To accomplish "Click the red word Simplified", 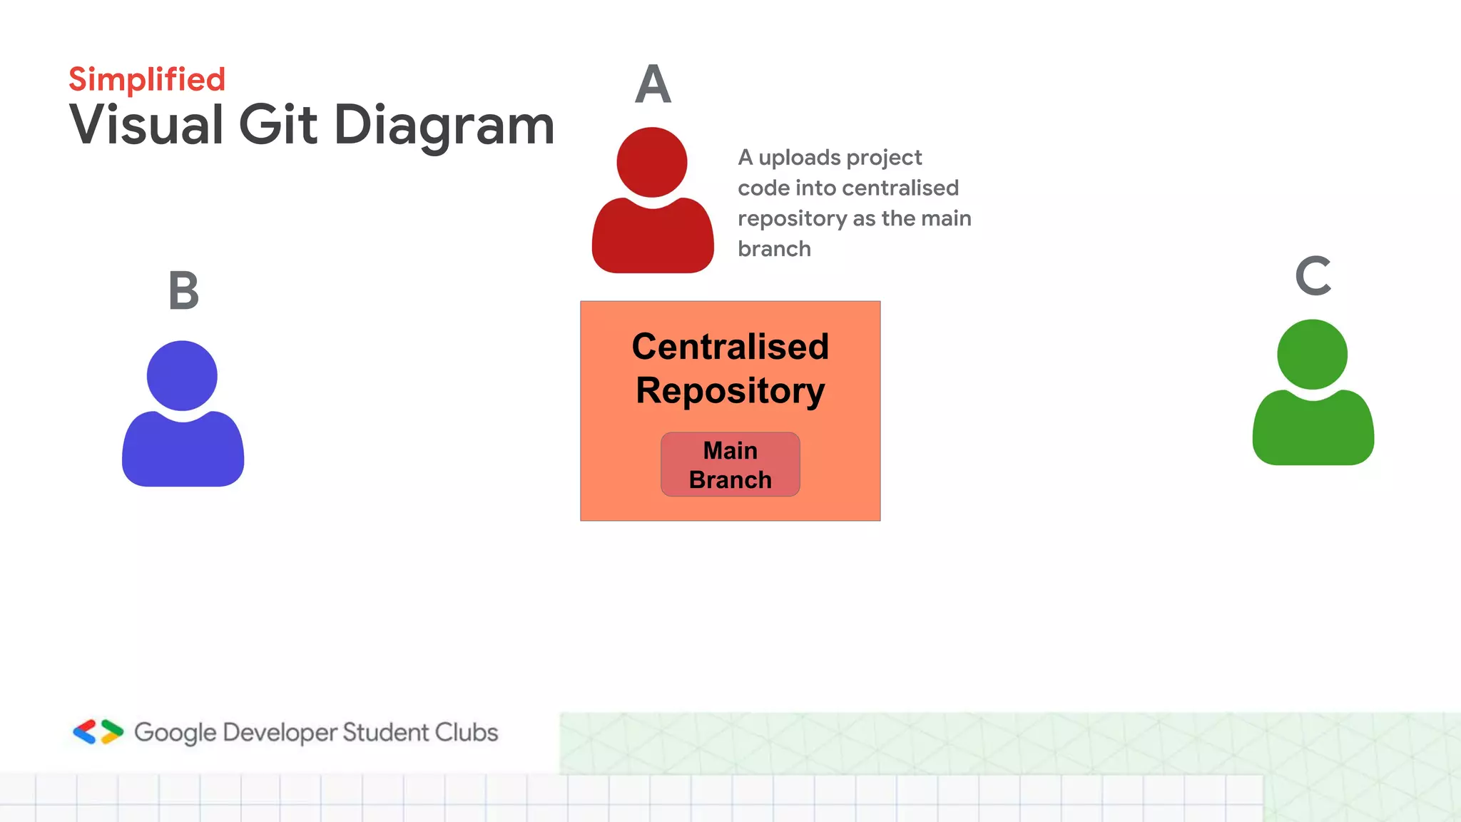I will (x=147, y=79).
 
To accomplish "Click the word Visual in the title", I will (x=146, y=125).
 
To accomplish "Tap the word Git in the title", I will (x=278, y=125).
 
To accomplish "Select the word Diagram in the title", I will (x=444, y=126).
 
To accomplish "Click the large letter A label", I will (x=653, y=85).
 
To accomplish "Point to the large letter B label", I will (x=183, y=291).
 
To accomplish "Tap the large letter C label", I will (x=1313, y=276).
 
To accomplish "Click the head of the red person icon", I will (x=652, y=162).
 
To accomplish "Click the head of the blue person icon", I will (x=182, y=375).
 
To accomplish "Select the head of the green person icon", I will (x=1312, y=354).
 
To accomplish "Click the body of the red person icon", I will (x=653, y=239).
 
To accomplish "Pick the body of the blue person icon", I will (x=183, y=452).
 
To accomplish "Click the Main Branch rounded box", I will (x=730, y=465).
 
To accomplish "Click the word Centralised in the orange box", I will (x=730, y=347).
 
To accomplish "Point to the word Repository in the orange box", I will (x=730, y=391).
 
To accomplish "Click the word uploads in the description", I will (x=803, y=158).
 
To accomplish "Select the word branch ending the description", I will (x=774, y=249).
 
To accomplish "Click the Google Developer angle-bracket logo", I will (x=98, y=732).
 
